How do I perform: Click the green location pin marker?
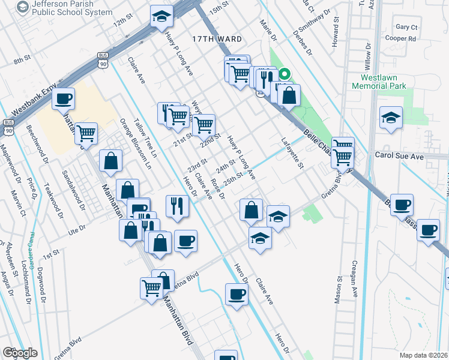(x=285, y=74)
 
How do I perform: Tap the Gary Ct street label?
(x=406, y=27)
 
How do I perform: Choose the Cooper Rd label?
(x=402, y=38)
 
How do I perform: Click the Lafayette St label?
(x=293, y=153)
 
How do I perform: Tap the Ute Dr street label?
(x=77, y=230)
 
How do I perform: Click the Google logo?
(x=20, y=352)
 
